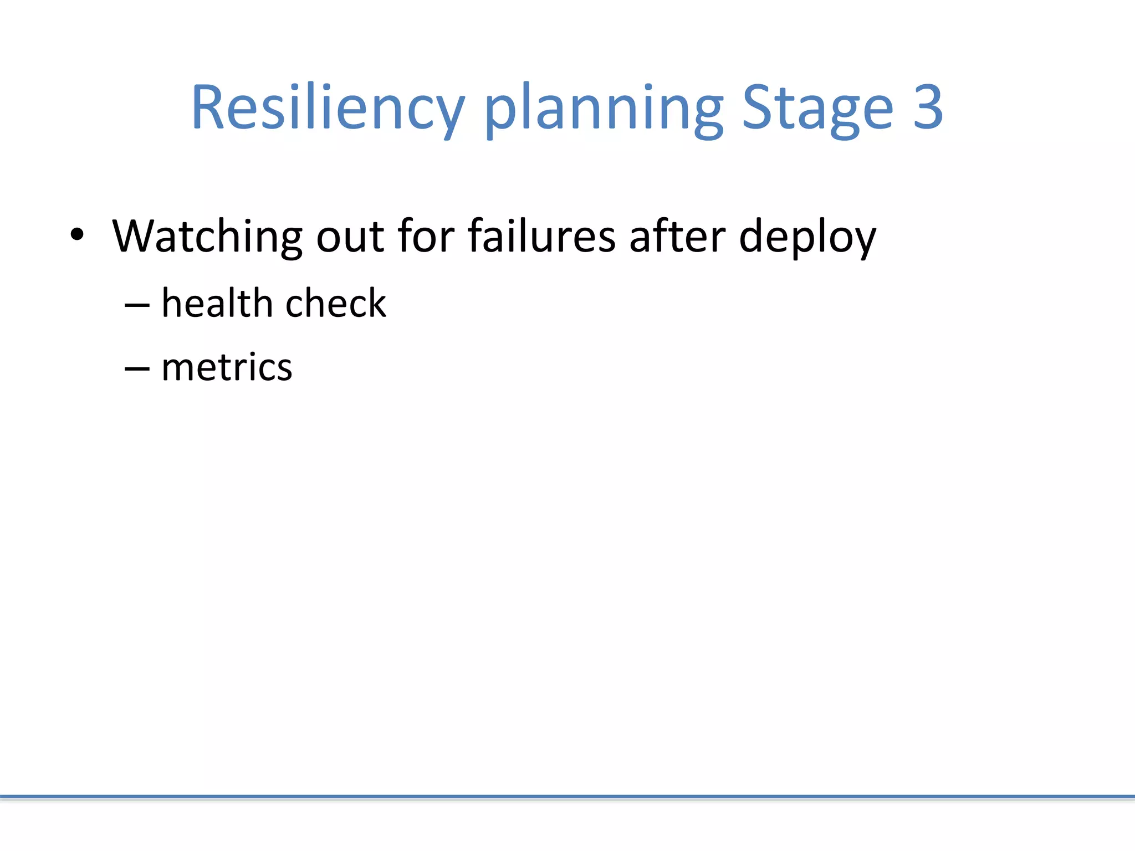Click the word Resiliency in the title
coord(327,108)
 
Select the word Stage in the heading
coord(817,108)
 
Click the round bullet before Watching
coord(77,234)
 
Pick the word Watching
coord(207,237)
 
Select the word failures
coord(541,237)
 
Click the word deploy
coord(807,238)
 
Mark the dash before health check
coord(137,305)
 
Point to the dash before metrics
coord(137,368)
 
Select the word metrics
coord(226,367)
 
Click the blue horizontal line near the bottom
coord(567,797)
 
